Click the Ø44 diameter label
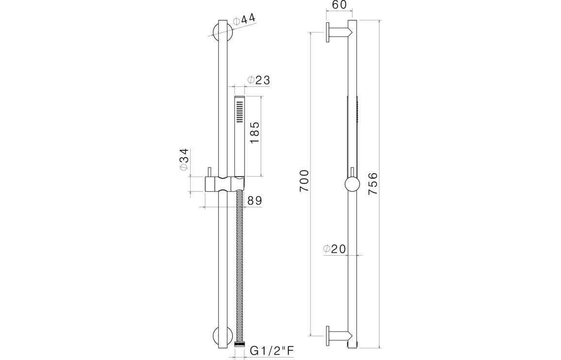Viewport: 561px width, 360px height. click(244, 20)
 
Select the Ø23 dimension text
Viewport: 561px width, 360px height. click(258, 80)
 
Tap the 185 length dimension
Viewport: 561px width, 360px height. click(254, 132)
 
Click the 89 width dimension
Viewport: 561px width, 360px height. click(255, 200)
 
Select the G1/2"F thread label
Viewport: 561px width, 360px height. click(272, 350)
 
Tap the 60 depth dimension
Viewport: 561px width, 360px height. click(339, 5)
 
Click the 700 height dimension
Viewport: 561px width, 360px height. click(304, 180)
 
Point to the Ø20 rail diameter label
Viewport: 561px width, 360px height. click(334, 249)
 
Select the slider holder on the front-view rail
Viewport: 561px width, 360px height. click(223, 184)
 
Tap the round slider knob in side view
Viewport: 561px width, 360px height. click(352, 185)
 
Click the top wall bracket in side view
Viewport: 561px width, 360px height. click(338, 33)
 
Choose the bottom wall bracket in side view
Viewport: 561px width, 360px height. click(338, 334)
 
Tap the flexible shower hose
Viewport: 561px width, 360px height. click(238, 267)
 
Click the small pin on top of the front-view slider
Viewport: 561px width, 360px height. click(209, 172)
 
